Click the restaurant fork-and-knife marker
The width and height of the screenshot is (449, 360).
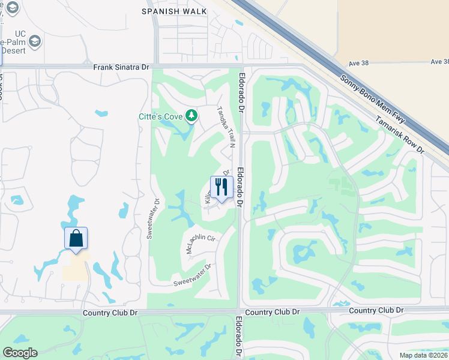click(x=221, y=187)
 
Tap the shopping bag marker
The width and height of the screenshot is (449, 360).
click(x=76, y=238)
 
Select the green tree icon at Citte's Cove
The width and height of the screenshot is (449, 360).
click(x=191, y=115)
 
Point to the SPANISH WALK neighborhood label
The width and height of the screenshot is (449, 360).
click(x=174, y=11)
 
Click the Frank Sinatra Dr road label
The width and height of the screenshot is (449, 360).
click(x=121, y=68)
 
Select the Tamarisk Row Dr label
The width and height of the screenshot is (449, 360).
click(x=400, y=134)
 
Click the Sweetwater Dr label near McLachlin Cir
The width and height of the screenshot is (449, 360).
click(x=192, y=275)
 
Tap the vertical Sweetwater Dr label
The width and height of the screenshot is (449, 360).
click(x=151, y=218)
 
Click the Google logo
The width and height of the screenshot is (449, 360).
click(x=20, y=353)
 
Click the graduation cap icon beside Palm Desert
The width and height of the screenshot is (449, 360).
click(x=35, y=42)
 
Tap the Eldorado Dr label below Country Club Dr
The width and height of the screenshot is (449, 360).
click(x=239, y=337)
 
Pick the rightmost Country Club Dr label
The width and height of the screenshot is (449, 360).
click(x=375, y=310)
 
